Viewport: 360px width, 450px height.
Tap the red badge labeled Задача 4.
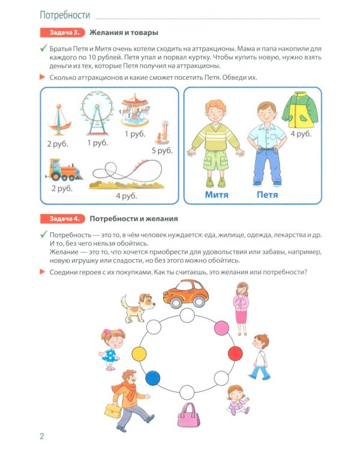(62, 218)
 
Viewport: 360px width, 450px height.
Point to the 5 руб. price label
(162, 151)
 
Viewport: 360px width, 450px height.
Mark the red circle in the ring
(236, 352)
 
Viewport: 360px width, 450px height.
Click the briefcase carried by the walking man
(112, 410)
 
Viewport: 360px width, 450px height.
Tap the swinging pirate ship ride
(59, 119)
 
